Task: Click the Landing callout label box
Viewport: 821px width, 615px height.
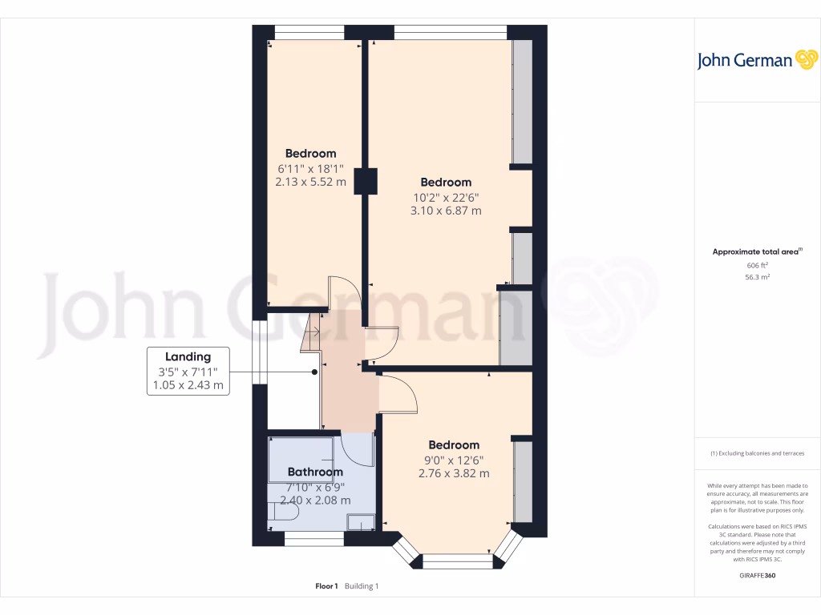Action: [188, 371]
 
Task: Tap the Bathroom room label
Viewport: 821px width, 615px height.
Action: [315, 472]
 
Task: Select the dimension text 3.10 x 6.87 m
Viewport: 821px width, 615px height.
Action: [446, 211]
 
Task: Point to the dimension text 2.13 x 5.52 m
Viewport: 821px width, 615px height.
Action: [310, 182]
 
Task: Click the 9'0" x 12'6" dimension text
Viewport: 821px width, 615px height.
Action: [454, 460]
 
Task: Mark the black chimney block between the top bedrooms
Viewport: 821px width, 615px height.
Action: [369, 180]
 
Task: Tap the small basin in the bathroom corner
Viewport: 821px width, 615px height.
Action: [360, 521]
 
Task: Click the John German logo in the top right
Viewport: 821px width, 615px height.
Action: [756, 60]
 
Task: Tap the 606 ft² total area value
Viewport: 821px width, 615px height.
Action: [757, 265]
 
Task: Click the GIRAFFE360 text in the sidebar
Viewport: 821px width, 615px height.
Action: [758, 575]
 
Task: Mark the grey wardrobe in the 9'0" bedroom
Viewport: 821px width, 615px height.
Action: [522, 480]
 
